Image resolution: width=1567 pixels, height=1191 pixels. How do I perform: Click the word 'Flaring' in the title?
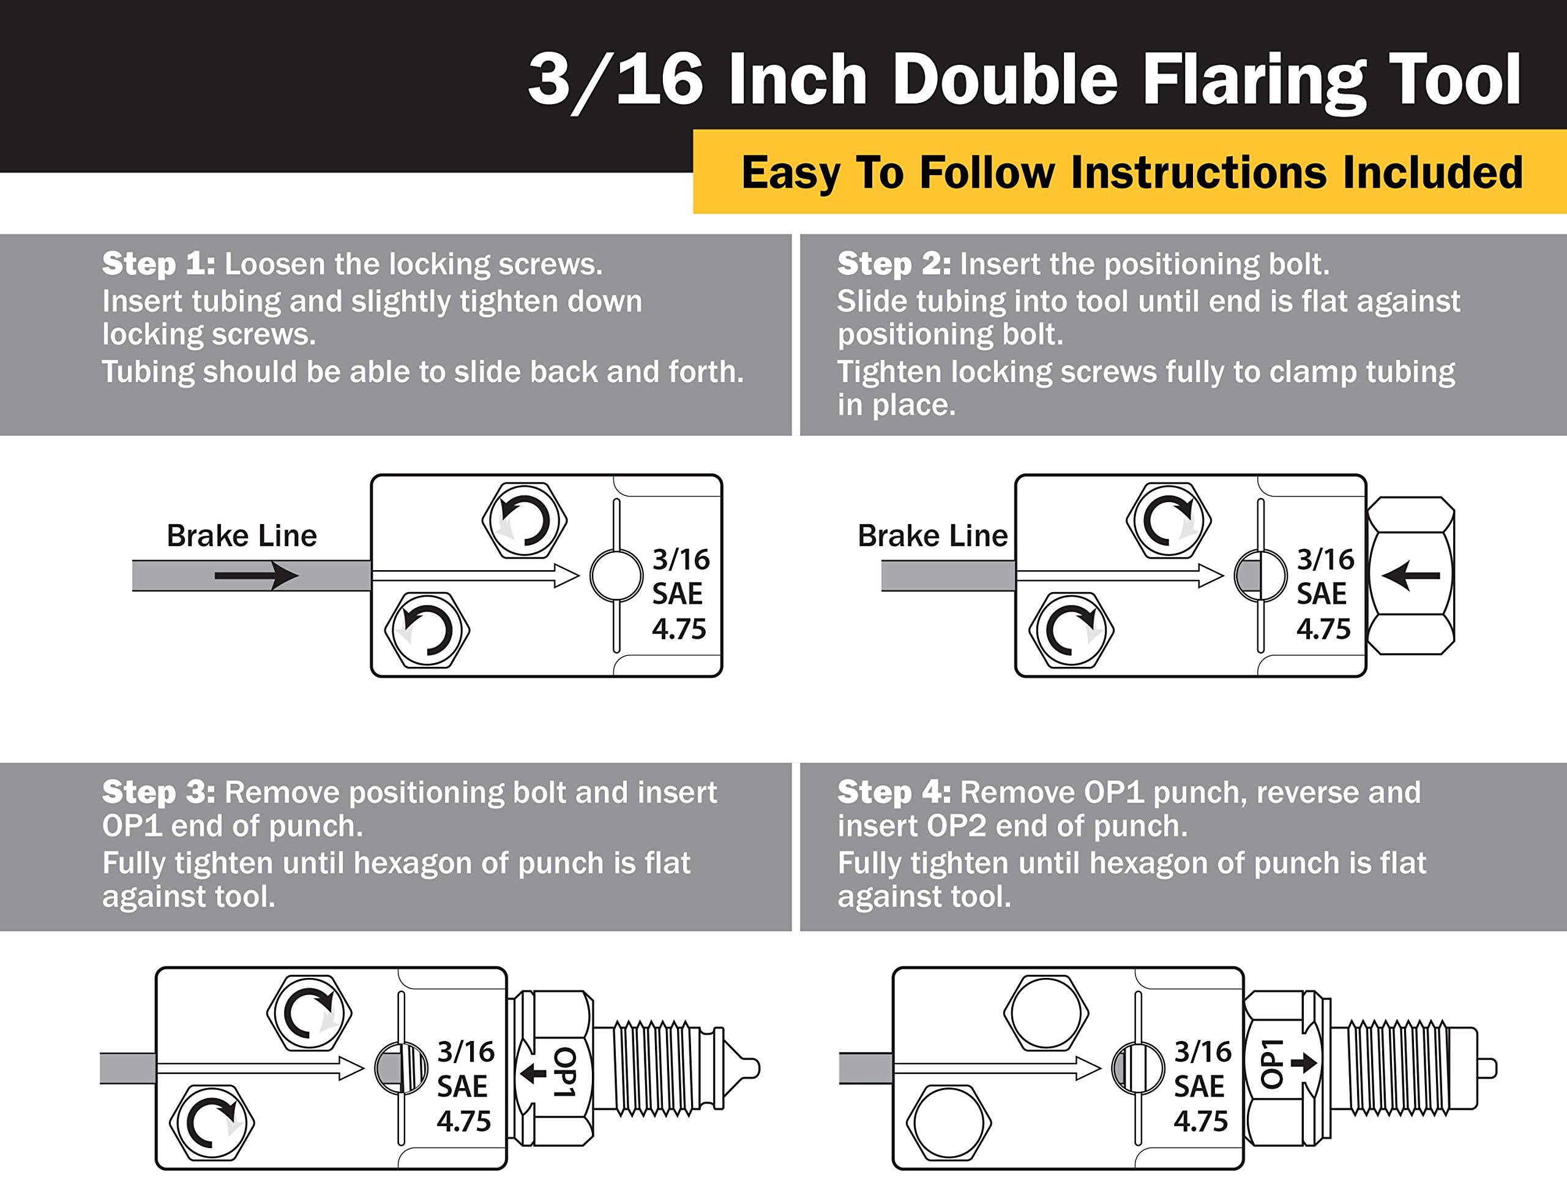coord(1254,80)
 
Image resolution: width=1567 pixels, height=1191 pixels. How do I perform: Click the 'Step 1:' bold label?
coord(158,264)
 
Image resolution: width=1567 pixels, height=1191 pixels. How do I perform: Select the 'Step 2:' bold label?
coord(894,264)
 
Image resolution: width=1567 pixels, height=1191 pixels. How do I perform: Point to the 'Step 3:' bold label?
coord(158,792)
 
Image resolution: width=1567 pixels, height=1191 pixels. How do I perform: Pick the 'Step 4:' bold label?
coord(894,792)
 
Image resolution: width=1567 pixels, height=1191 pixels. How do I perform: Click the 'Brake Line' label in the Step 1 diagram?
coord(241,535)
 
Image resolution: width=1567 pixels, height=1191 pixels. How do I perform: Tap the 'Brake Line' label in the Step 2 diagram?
coord(932,535)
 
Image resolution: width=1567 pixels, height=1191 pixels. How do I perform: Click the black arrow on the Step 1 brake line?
coord(256,575)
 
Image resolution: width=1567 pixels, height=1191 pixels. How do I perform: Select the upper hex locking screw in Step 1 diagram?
coord(525,520)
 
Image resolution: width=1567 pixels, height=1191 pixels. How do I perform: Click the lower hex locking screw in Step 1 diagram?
coord(427,629)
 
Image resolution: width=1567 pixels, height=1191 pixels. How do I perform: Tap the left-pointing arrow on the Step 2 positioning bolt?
coord(1410,575)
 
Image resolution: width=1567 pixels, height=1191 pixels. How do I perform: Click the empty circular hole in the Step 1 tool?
coord(616,576)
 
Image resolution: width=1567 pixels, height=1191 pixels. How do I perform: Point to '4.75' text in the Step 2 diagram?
coord(1323,629)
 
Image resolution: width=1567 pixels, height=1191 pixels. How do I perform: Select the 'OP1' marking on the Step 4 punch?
coord(1272,1064)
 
